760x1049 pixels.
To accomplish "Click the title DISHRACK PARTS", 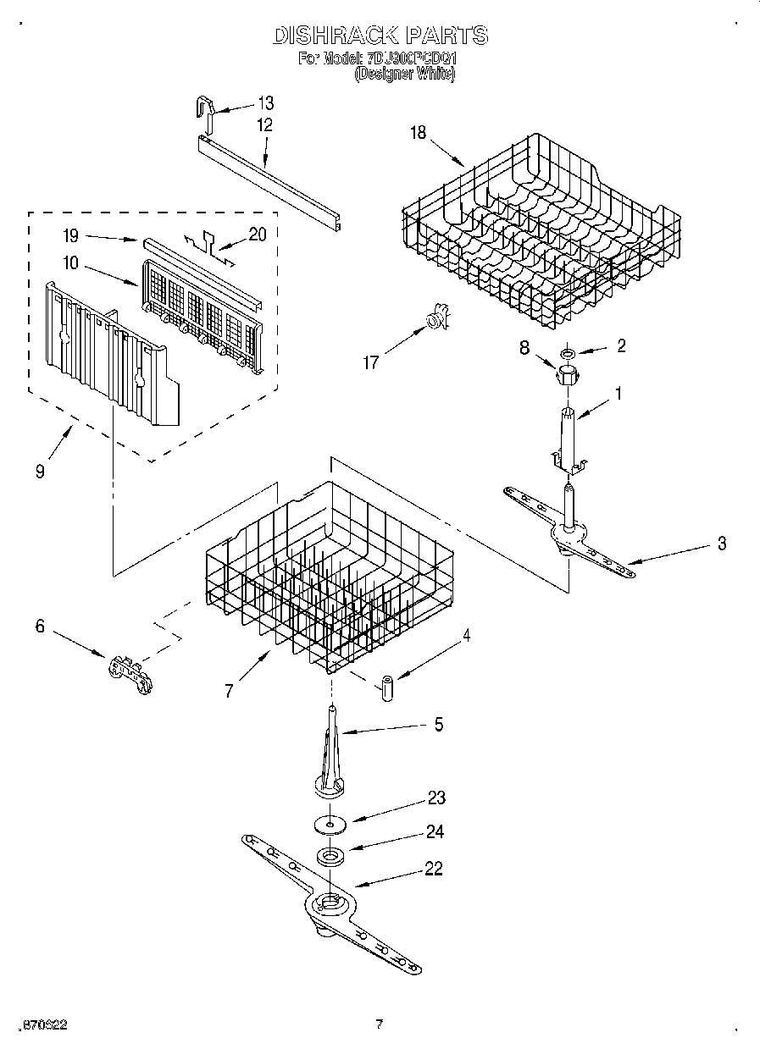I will (x=380, y=35).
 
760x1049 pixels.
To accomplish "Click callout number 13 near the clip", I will (x=265, y=103).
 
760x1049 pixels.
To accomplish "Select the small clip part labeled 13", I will (x=202, y=108).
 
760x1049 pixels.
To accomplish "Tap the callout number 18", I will (x=418, y=131).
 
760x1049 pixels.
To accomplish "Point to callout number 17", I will (x=370, y=362).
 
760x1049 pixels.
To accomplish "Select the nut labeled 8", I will (x=567, y=374).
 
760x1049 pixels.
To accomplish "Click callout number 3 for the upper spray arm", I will (x=721, y=544).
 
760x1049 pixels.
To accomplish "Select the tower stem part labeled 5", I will (x=331, y=756).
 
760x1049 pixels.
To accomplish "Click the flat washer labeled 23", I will (x=330, y=821).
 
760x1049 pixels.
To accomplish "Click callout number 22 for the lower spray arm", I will (x=433, y=869).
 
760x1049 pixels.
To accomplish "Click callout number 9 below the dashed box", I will (x=40, y=472).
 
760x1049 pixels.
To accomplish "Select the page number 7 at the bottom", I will (x=380, y=1024).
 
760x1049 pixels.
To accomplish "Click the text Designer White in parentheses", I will (x=404, y=75).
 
